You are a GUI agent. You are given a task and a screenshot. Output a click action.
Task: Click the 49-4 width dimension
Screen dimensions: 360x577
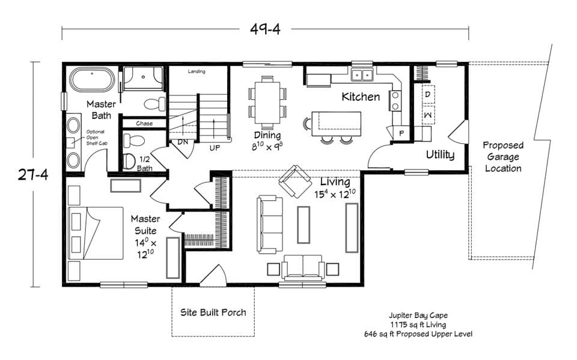265,28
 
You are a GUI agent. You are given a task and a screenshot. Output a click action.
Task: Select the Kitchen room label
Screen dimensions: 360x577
361,96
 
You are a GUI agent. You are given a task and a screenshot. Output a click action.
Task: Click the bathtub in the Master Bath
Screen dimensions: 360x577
92,80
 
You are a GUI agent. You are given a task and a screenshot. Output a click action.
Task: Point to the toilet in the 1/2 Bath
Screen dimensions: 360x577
130,160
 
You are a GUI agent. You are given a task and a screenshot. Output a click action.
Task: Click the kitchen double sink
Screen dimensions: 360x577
362,75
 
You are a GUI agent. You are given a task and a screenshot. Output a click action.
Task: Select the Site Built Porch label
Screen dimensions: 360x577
213,312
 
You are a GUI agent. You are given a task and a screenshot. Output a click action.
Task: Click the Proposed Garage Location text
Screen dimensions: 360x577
503,157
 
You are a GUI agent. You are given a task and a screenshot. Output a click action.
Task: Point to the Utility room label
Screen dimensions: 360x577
440,154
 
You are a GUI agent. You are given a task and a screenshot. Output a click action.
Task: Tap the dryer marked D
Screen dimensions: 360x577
428,94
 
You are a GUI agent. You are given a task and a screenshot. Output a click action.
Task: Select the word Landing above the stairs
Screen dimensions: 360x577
197,72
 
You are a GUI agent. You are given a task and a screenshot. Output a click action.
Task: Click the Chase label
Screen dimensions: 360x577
144,123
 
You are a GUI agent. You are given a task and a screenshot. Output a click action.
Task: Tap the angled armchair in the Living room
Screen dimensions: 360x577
294,181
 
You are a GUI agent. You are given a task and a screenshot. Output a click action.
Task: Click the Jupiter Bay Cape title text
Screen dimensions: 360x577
418,315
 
